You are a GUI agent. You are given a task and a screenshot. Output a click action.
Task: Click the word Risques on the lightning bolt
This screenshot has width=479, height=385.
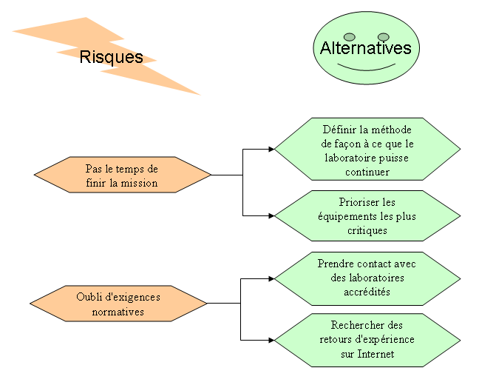[x=111, y=57]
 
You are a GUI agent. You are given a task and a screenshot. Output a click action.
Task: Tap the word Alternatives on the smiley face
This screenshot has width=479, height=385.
[x=365, y=48]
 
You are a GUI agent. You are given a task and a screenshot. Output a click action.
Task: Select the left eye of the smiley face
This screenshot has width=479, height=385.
[x=350, y=37]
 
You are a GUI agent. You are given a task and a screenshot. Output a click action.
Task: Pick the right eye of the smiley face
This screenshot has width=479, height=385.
[x=383, y=37]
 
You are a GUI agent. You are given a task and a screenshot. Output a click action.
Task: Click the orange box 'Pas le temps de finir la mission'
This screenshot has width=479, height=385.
[x=122, y=175]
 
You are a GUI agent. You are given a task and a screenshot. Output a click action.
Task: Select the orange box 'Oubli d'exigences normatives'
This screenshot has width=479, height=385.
[x=118, y=304]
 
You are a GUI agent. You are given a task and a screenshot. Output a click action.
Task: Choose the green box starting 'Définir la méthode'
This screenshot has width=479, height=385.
[x=367, y=149]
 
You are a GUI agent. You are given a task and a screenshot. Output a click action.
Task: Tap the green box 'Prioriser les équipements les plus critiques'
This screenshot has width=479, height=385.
[x=367, y=215]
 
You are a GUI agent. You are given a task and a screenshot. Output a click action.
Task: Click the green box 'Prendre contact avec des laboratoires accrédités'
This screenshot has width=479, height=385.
[x=367, y=278]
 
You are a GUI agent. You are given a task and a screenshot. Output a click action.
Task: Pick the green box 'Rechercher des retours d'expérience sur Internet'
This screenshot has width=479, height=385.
[x=367, y=339]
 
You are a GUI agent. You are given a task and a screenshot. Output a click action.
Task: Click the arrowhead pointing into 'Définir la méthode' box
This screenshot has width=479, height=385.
[x=271, y=149]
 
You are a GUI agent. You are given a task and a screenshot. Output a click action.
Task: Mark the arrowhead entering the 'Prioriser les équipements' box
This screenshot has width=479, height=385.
[x=271, y=215]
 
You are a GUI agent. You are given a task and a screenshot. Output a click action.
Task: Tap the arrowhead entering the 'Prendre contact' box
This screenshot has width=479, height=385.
[x=271, y=279]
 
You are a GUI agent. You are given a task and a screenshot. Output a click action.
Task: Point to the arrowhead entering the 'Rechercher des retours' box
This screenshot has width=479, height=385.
[x=271, y=340]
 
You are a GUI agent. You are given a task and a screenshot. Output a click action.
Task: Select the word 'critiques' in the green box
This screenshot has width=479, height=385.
[x=367, y=230]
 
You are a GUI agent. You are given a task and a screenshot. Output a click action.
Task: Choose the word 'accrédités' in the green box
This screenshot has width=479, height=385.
[x=367, y=292]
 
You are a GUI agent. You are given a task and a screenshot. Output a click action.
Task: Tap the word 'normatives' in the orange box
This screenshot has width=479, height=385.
[x=118, y=312]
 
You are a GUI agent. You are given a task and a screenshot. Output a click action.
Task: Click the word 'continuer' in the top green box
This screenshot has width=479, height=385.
[x=367, y=171]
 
